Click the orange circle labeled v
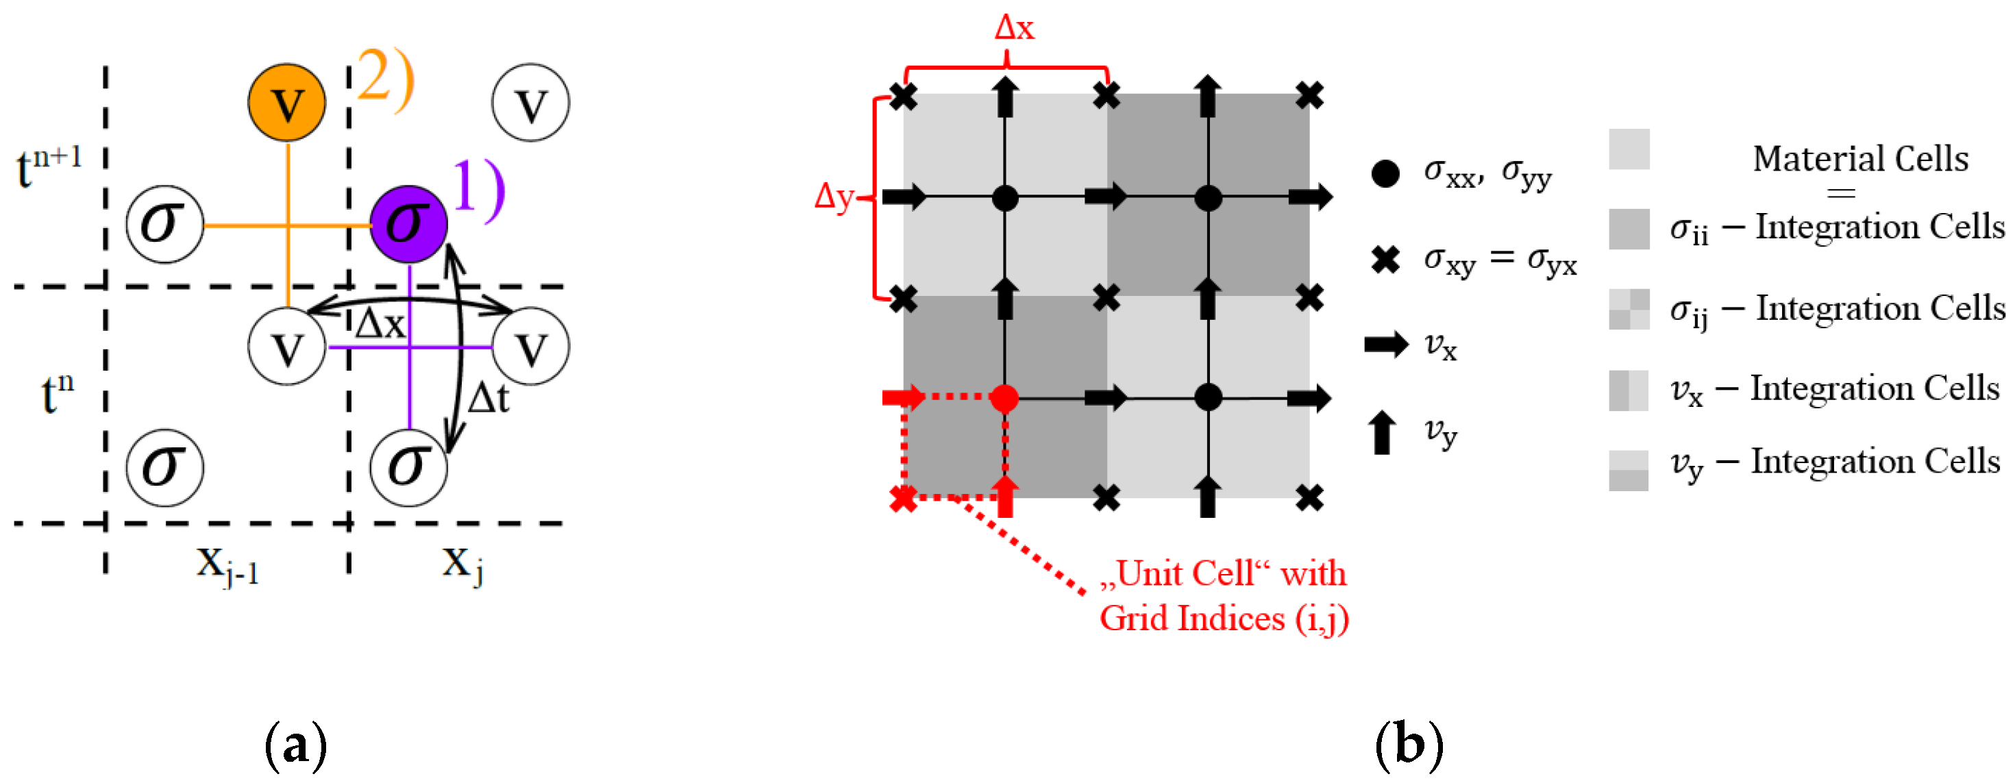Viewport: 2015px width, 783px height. pyautogui.click(x=287, y=103)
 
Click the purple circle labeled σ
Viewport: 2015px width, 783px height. pyautogui.click(x=408, y=225)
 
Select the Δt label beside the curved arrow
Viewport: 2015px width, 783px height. pyautogui.click(x=488, y=399)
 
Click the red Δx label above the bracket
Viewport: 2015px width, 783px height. pyautogui.click(x=1014, y=28)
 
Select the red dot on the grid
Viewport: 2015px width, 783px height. pyautogui.click(x=1004, y=398)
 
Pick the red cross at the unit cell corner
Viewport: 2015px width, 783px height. pyautogui.click(x=904, y=498)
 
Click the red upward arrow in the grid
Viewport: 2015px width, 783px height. pyautogui.click(x=1005, y=496)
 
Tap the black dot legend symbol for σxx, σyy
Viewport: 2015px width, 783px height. pyautogui.click(x=1385, y=173)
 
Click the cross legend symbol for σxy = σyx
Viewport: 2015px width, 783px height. pyautogui.click(x=1385, y=259)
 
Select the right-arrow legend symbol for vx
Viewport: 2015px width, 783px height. pyautogui.click(x=1385, y=344)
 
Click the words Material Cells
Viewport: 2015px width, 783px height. pyautogui.click(x=1860, y=159)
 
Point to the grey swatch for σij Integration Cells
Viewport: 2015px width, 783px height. pyautogui.click(x=1629, y=309)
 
